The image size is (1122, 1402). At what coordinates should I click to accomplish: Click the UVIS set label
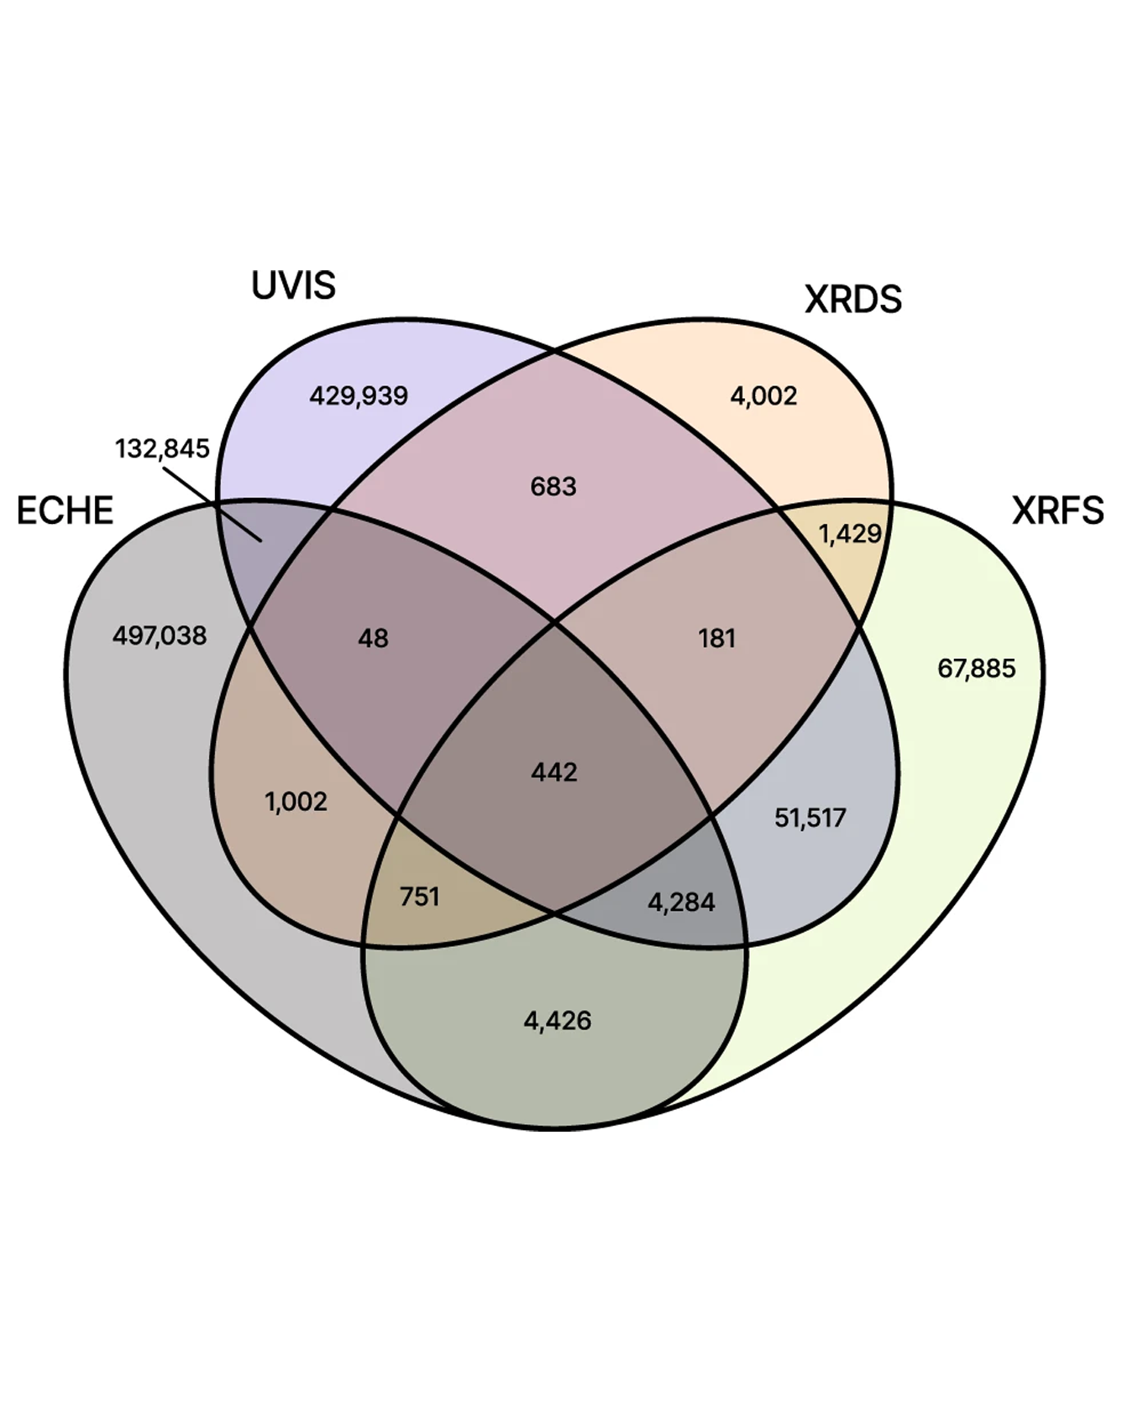[293, 285]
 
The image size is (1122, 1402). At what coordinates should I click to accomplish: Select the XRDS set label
[852, 300]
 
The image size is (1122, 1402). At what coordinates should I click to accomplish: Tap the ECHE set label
[65, 510]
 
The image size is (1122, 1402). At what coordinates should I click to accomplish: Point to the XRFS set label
[1056, 510]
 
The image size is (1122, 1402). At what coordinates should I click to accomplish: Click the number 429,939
[359, 395]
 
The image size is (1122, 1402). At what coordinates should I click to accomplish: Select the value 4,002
[763, 395]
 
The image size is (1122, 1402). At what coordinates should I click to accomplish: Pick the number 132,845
[162, 448]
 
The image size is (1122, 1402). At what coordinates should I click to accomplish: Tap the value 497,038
[160, 636]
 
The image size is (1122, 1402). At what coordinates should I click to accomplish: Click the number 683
[553, 486]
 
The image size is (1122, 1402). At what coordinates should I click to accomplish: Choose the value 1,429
[850, 534]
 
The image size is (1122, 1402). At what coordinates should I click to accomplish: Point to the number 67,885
[976, 668]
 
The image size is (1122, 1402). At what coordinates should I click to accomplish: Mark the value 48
[373, 639]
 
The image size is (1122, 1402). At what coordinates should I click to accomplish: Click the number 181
[716, 639]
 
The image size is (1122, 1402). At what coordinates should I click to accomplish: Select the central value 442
[554, 772]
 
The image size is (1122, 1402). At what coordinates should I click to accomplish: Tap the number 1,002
[296, 802]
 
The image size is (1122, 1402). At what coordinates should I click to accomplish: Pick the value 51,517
[810, 818]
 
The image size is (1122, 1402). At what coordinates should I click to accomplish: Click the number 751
[419, 897]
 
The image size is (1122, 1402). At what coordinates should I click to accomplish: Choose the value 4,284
[681, 902]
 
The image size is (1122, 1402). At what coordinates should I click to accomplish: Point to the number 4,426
[558, 1021]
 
